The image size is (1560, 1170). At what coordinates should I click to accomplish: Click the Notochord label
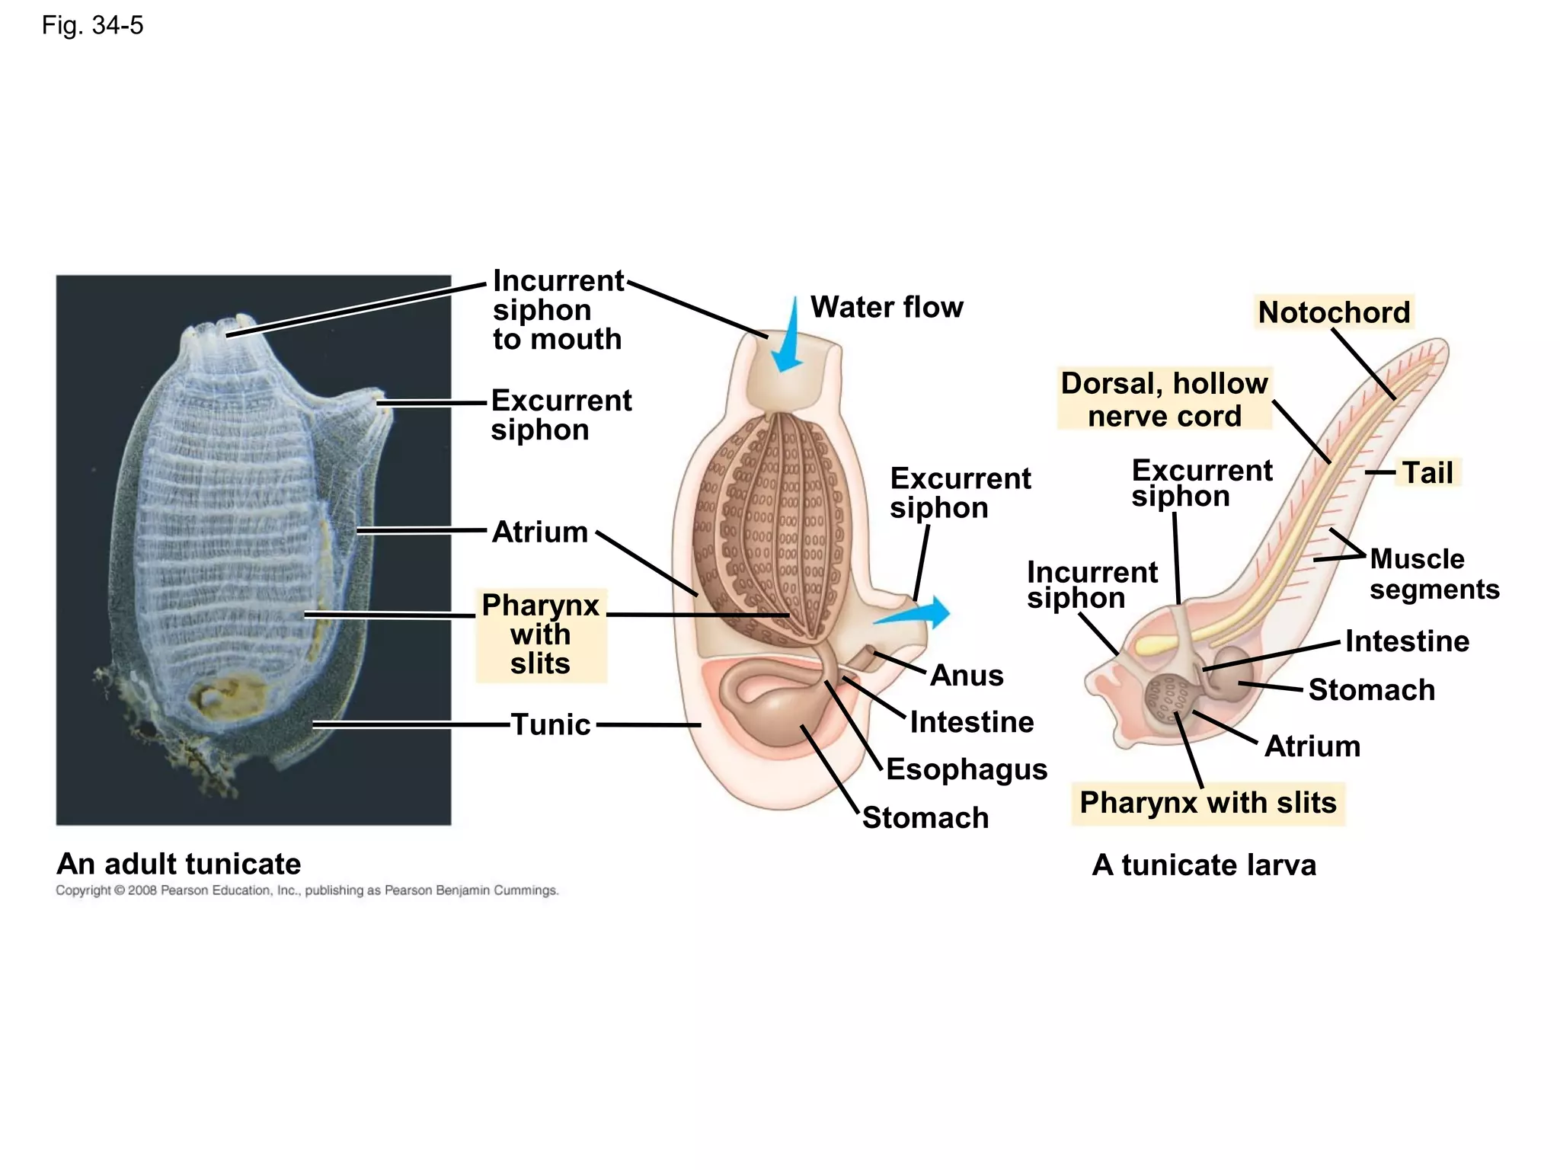coord(1334,312)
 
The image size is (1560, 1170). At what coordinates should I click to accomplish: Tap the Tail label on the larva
coord(1427,473)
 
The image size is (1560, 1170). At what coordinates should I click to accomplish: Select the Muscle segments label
coord(1434,574)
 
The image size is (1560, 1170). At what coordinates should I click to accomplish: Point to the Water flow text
coord(887,307)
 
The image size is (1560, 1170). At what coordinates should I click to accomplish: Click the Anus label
coord(967,676)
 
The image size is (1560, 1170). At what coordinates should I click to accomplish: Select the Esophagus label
coord(967,769)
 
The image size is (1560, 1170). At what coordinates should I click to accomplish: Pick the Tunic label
coord(551,724)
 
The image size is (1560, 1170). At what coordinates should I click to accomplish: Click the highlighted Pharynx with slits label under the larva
coord(1208,803)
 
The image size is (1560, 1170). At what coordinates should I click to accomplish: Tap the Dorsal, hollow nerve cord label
coord(1164,400)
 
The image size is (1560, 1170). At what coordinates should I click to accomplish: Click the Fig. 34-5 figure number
coord(92,25)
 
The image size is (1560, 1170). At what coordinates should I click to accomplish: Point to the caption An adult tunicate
coord(179,864)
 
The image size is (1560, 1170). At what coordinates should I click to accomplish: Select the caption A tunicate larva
coord(1204,865)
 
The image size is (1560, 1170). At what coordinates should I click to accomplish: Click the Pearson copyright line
coord(307,890)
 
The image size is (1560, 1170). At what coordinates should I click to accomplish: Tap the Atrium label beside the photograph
coord(540,532)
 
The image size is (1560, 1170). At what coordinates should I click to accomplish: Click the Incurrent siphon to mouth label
coord(558,310)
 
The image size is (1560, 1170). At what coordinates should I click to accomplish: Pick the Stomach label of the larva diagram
coord(1371,690)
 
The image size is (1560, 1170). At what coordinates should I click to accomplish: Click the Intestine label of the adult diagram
coord(972,722)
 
